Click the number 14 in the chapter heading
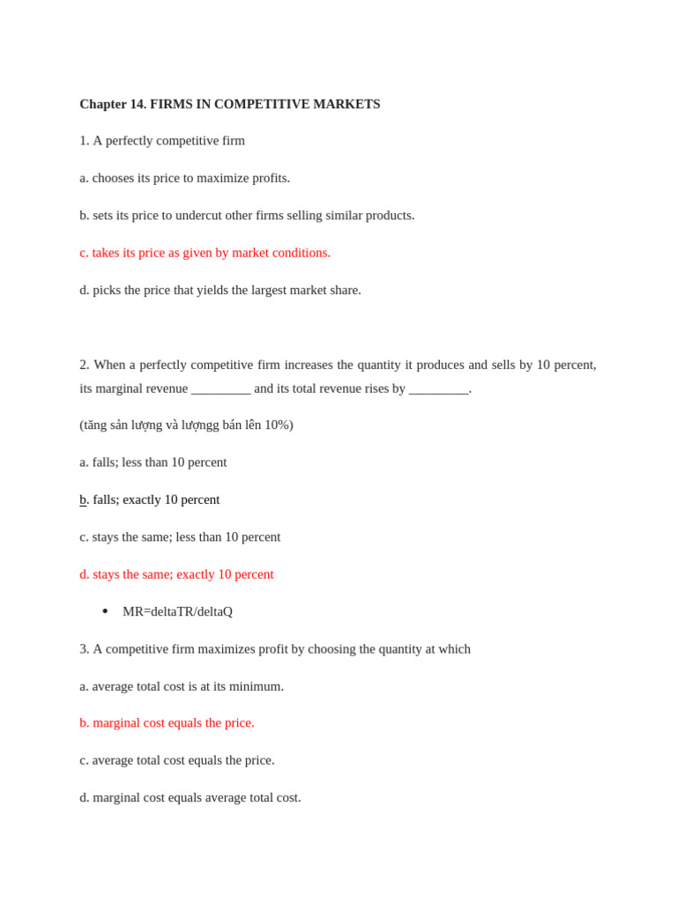(138, 104)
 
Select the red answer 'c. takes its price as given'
(205, 253)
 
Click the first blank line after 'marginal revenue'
(220, 389)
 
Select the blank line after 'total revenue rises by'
(438, 389)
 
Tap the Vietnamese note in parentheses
(186, 425)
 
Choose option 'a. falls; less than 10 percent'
(153, 462)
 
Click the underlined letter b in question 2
(83, 499)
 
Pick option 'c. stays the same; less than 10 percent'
(180, 536)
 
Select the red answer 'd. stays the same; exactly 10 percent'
(176, 574)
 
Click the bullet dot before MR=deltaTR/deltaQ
(105, 611)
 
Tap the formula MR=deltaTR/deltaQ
(177, 611)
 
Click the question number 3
(84, 649)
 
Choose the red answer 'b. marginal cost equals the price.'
(167, 723)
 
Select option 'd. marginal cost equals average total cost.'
(190, 797)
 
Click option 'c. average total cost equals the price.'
(176, 760)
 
